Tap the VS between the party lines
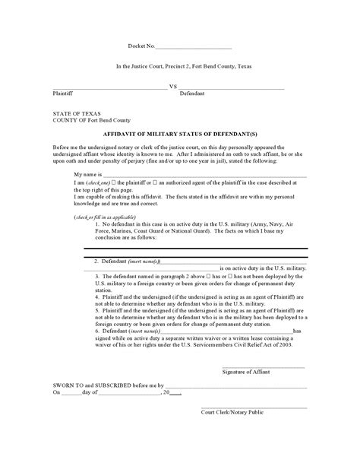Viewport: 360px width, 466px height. pos(172,87)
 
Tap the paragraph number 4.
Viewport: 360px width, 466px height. pos(97,290)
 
